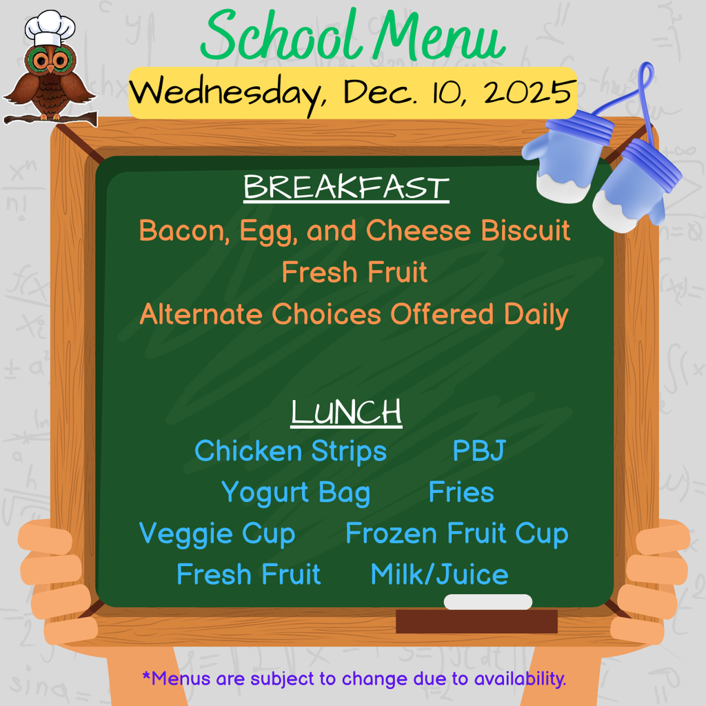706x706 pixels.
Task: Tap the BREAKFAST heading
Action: [346, 188]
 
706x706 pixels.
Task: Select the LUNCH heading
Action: [346, 412]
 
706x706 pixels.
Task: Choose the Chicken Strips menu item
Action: [290, 452]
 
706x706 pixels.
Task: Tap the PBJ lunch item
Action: [478, 452]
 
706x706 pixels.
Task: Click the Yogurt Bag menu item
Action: [295, 493]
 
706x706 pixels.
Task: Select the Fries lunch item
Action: [461, 493]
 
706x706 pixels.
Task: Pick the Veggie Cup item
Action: [217, 534]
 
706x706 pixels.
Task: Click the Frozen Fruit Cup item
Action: [456, 534]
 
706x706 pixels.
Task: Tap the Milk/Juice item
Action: [439, 575]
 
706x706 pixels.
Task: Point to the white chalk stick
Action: [488, 602]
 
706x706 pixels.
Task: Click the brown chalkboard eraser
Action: [476, 621]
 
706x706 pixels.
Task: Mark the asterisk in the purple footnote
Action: [145, 676]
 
